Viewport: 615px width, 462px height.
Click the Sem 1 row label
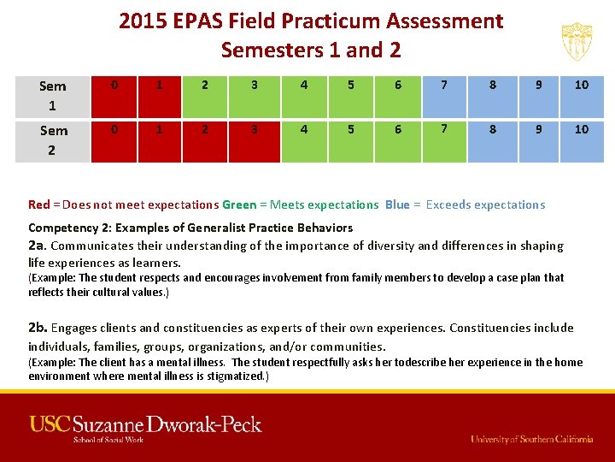click(x=52, y=96)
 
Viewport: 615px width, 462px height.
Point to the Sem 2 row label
click(x=52, y=140)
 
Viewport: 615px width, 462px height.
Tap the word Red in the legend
click(x=38, y=204)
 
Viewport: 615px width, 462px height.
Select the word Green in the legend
click(x=238, y=204)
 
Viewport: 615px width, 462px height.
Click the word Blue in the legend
click(x=397, y=204)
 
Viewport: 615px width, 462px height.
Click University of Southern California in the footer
click(x=531, y=439)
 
